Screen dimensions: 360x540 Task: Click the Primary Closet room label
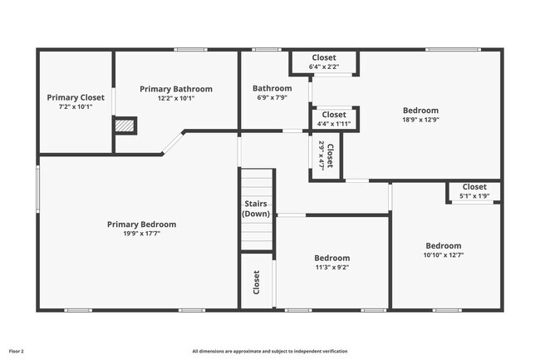point(76,97)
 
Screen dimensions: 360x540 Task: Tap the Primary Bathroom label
point(175,89)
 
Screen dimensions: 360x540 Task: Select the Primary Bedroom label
point(141,224)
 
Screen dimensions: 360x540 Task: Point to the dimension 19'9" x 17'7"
point(141,234)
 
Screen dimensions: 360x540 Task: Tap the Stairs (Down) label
point(256,209)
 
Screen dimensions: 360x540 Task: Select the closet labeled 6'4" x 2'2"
point(323,62)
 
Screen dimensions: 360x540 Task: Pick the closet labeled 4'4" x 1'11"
point(333,119)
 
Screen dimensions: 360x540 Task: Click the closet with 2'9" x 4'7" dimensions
point(325,156)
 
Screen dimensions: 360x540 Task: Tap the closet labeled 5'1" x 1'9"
point(474,191)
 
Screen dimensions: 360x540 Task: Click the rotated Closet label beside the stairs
point(256,282)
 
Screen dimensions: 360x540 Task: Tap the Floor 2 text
point(17,351)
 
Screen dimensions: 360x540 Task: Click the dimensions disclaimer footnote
point(270,351)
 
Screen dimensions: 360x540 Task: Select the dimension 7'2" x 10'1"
point(76,106)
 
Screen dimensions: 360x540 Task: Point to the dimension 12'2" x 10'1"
point(175,98)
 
